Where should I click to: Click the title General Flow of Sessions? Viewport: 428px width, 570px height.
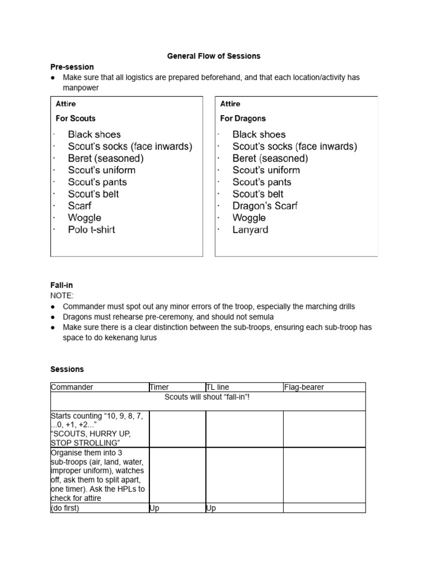(x=214, y=56)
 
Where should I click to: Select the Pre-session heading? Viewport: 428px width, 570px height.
(x=72, y=67)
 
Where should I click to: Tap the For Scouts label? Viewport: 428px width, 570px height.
(x=75, y=119)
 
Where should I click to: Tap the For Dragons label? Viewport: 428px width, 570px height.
(x=242, y=119)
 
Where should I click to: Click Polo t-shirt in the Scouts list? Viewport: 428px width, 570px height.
(x=91, y=229)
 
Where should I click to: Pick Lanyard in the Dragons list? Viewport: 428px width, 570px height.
(x=250, y=229)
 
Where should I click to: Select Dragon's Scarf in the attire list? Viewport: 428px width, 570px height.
(x=265, y=206)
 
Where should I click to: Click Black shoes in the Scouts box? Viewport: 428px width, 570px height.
(x=94, y=135)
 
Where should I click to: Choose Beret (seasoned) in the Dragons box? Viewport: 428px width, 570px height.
(x=270, y=159)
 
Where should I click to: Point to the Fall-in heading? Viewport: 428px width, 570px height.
(x=61, y=285)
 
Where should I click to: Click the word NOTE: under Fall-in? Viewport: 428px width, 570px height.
(x=62, y=296)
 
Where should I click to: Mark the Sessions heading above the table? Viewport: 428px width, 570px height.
(x=67, y=369)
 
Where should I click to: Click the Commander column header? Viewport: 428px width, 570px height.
(x=72, y=387)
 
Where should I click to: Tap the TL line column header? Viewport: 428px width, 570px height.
(x=217, y=387)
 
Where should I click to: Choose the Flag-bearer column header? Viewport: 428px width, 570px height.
(x=304, y=387)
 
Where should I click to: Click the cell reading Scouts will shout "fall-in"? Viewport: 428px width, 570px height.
(x=208, y=397)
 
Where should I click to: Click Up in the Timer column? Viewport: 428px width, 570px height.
(x=154, y=508)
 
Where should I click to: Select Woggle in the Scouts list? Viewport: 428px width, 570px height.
(x=85, y=218)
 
